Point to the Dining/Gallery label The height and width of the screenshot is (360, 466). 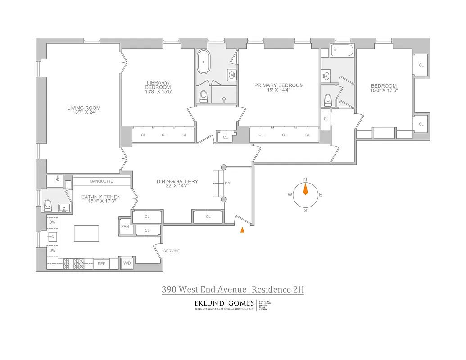[177, 184]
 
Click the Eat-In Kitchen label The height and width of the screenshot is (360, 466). [100, 199]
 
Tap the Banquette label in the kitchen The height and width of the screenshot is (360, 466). [101, 181]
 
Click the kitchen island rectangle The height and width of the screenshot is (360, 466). [86, 234]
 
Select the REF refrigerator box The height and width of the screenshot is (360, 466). [101, 264]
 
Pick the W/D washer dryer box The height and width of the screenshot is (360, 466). [127, 263]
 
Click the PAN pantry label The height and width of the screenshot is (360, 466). [125, 226]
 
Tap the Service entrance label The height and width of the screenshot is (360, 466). [171, 251]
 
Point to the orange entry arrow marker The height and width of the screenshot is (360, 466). [242, 230]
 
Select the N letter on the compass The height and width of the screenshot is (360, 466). [305, 180]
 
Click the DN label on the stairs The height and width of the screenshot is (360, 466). [227, 184]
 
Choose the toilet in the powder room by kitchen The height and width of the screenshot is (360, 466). [48, 206]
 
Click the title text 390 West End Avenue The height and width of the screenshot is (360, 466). [204, 289]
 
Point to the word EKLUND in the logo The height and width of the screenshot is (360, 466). [209, 303]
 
